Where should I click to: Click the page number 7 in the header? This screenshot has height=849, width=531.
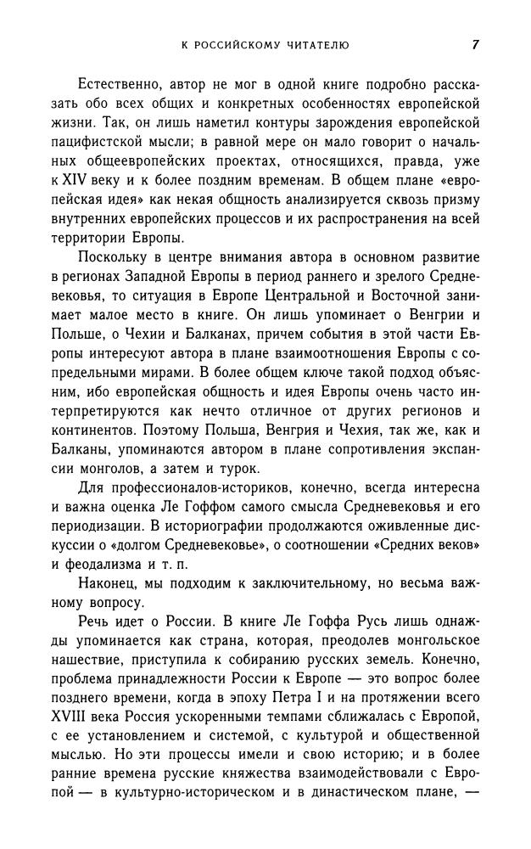tap(475, 45)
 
